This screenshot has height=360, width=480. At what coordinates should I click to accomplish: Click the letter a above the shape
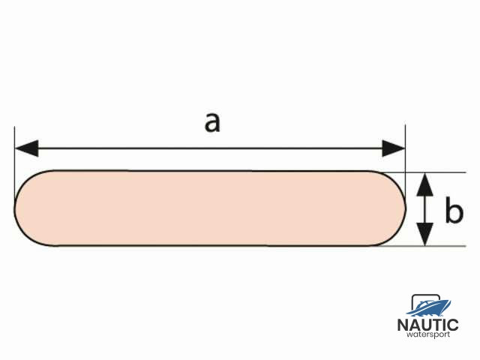(213, 122)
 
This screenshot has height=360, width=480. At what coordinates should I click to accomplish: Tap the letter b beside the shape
(453, 211)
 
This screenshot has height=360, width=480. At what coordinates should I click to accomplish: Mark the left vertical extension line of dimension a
(15, 157)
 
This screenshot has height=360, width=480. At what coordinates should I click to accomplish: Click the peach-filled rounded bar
(210, 208)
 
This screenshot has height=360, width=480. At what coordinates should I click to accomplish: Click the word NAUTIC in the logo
(427, 325)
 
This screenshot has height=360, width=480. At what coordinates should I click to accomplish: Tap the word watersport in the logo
(427, 335)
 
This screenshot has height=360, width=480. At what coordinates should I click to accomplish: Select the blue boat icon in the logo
(429, 306)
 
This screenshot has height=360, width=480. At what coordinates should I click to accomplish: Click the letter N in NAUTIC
(402, 325)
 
